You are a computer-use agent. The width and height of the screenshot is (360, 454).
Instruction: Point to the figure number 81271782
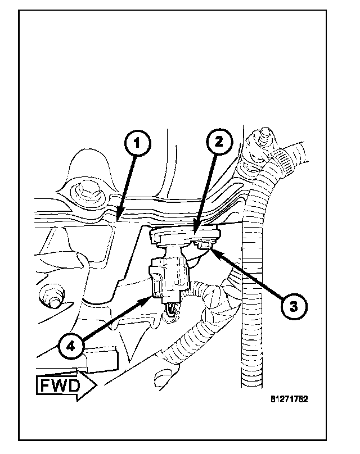289,399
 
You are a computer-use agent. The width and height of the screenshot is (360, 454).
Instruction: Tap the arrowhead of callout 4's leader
151,297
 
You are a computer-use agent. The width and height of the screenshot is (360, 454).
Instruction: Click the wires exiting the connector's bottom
171,311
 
